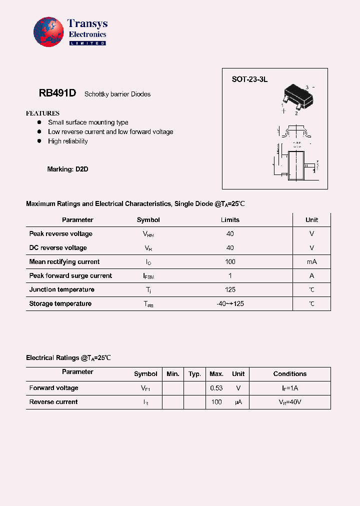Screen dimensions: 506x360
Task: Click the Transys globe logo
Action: click(x=49, y=32)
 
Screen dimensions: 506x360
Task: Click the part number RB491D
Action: click(x=57, y=93)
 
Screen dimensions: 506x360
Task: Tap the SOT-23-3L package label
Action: click(x=249, y=79)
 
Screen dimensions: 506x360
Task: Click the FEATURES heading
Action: click(x=42, y=113)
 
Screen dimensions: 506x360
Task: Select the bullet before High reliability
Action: click(x=39, y=141)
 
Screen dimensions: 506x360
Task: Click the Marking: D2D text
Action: click(x=67, y=169)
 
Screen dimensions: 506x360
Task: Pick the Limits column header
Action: click(x=230, y=220)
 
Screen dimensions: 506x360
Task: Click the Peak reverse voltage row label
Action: click(x=60, y=234)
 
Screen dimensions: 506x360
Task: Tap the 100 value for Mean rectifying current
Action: click(x=230, y=262)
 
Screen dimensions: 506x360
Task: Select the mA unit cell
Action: click(x=311, y=262)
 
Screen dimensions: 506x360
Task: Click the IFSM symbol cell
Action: click(x=148, y=276)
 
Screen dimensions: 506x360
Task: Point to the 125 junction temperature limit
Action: click(x=230, y=290)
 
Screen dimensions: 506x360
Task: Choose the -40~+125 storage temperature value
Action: click(x=230, y=304)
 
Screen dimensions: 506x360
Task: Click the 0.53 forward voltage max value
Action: click(x=216, y=388)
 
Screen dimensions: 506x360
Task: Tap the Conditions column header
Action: click(x=289, y=374)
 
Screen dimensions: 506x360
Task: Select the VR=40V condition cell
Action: click(x=289, y=402)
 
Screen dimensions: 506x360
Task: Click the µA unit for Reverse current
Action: click(x=238, y=402)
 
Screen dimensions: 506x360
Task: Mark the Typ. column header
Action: click(x=194, y=374)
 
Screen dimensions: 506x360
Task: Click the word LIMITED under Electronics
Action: click(x=87, y=43)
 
